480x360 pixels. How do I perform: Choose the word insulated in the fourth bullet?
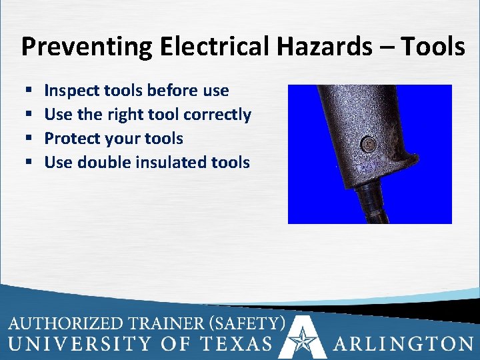coord(173,162)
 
